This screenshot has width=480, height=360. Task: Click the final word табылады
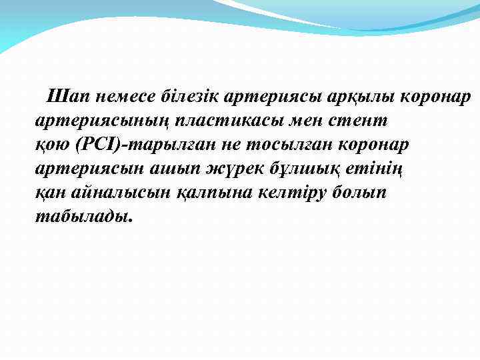[x=83, y=217]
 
